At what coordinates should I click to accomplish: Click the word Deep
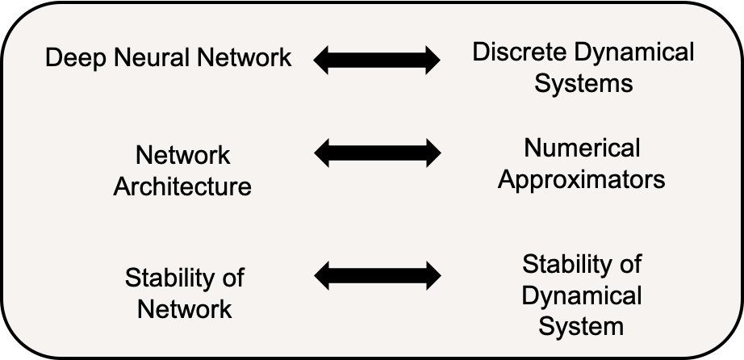click(72, 59)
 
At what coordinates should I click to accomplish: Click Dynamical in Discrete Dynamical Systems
click(633, 53)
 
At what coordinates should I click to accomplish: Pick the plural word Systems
click(583, 82)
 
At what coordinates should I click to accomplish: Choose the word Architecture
click(182, 187)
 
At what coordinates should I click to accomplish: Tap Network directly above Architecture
click(182, 155)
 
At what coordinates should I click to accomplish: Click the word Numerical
click(582, 148)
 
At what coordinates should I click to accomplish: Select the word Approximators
click(582, 179)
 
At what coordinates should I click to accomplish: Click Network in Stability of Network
click(185, 308)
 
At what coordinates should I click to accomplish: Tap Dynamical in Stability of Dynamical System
click(582, 295)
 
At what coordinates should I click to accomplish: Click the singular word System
click(582, 326)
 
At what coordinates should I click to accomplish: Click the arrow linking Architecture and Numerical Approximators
click(377, 153)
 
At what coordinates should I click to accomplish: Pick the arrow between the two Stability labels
click(377, 276)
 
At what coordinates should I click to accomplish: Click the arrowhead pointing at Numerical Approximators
click(431, 153)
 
